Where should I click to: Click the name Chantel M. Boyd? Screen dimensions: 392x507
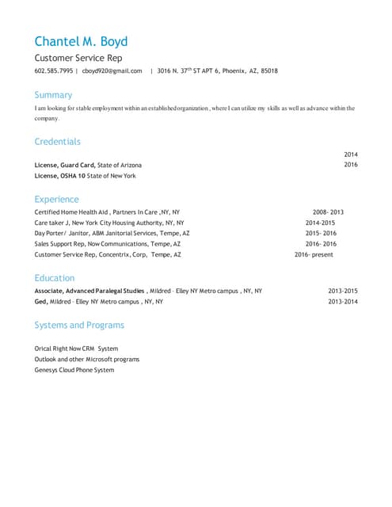[x=81, y=41]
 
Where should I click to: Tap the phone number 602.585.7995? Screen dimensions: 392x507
[x=54, y=71]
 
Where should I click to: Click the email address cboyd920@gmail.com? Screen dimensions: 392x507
[x=112, y=71]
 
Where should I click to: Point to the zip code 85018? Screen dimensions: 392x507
[x=269, y=71]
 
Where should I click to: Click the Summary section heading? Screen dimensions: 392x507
[x=53, y=95]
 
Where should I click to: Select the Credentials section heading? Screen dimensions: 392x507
[x=57, y=141]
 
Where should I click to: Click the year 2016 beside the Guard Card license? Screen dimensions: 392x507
[x=351, y=165]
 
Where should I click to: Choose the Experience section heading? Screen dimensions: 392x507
[x=56, y=199]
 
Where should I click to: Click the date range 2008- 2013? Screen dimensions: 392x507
[x=328, y=212]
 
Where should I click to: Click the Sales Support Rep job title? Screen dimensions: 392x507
[x=61, y=245]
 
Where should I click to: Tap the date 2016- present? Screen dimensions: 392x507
[x=314, y=255]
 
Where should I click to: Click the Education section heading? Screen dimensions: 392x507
[x=55, y=278]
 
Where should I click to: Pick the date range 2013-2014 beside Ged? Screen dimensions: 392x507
[x=343, y=302]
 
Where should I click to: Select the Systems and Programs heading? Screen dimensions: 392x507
[x=79, y=325]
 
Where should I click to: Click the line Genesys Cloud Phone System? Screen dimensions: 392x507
[x=74, y=370]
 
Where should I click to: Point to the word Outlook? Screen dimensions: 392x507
[x=47, y=359]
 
